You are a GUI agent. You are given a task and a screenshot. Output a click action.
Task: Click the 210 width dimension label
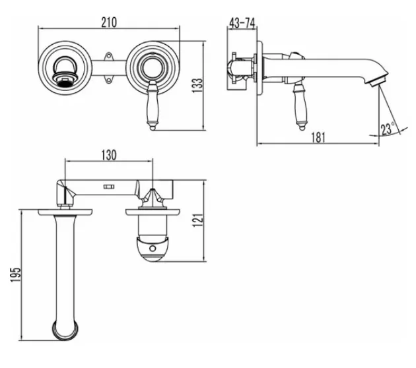(x=109, y=22)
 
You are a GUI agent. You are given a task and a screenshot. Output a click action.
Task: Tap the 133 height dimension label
(x=197, y=85)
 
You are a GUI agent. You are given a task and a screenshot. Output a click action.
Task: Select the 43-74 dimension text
(x=242, y=23)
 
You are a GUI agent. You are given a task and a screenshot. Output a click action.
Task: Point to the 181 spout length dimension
(x=318, y=137)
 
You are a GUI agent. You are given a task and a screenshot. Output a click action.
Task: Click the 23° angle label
(x=388, y=129)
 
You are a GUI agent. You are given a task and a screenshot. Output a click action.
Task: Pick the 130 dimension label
(x=109, y=155)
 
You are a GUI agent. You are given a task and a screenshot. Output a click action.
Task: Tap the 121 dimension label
(x=197, y=220)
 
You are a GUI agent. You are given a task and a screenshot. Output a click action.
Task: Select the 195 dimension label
(x=15, y=275)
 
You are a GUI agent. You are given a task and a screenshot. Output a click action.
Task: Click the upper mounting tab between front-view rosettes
(x=108, y=56)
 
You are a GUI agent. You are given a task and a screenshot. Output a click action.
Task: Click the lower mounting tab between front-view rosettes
(x=108, y=79)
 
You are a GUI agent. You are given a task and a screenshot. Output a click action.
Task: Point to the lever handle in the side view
(x=300, y=106)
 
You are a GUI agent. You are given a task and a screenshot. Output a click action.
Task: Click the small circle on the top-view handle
(x=153, y=248)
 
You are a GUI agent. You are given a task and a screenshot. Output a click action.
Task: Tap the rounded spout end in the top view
(x=65, y=330)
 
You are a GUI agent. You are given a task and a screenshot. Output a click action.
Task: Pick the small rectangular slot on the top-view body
(x=109, y=187)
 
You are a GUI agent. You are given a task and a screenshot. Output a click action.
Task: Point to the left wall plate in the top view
(x=65, y=212)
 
